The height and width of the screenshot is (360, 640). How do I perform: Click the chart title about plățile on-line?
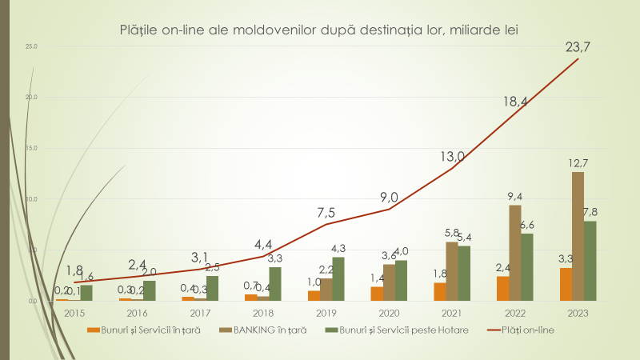coord(319,31)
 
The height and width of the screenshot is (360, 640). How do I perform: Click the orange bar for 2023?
coord(566,284)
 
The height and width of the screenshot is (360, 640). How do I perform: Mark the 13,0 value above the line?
coord(452,157)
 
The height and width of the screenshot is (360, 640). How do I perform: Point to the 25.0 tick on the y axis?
coord(32,46)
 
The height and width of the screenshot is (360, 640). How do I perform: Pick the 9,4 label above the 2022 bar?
coord(515,197)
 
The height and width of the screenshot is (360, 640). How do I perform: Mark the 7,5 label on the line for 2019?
coord(326,213)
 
